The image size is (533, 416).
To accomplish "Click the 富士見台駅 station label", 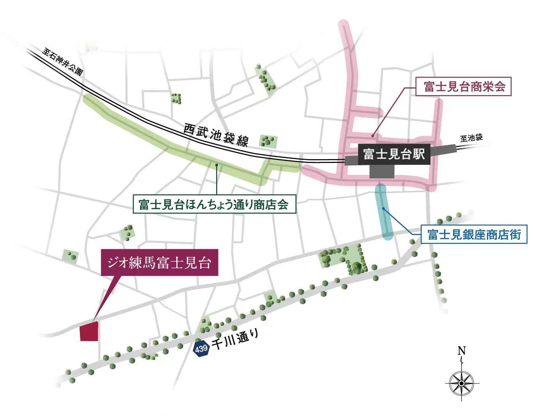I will [394, 154].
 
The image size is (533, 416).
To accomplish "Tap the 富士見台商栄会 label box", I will [464, 87].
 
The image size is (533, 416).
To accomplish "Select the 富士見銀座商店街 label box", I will [474, 234].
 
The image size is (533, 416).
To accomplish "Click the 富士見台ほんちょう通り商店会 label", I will [214, 204].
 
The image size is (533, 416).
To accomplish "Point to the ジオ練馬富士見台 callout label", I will [159, 262].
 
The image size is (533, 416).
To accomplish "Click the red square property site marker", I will [89, 332].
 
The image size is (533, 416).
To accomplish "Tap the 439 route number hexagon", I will [201, 348].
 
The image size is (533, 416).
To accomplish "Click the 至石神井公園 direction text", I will [62, 61].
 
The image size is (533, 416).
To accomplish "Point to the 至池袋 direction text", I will [471, 138].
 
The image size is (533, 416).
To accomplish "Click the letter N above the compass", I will [462, 351].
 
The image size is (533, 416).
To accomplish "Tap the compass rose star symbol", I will [462, 383].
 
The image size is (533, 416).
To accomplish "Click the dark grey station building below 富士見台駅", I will [382, 172].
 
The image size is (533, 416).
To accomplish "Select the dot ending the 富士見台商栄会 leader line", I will [373, 136].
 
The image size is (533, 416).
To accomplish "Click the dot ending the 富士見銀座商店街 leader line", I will [384, 209].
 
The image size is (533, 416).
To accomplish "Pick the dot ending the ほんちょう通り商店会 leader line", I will [217, 165].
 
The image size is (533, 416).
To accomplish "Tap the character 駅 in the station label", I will [419, 154].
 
